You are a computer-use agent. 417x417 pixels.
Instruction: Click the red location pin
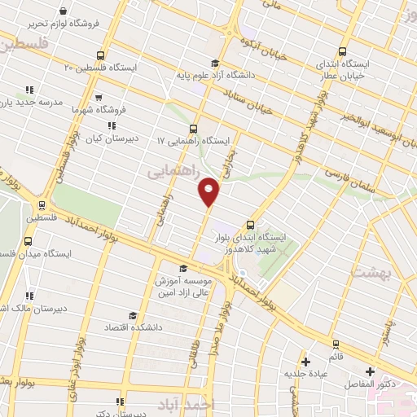coord(209,191)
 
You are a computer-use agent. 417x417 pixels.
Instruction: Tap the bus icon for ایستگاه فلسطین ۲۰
coord(100,55)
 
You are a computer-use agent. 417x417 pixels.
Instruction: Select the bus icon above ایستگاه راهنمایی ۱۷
coord(193,128)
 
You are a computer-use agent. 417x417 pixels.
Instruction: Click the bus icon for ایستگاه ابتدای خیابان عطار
coord(342,51)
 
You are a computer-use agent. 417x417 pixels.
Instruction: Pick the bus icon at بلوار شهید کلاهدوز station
coord(250,226)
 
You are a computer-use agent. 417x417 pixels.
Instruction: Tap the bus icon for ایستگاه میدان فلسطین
coord(29,241)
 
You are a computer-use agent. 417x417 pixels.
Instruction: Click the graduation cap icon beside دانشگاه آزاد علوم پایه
coord(214,64)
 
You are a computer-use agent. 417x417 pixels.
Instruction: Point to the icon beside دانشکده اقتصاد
coord(133,315)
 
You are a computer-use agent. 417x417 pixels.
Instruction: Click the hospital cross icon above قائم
coord(305,362)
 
